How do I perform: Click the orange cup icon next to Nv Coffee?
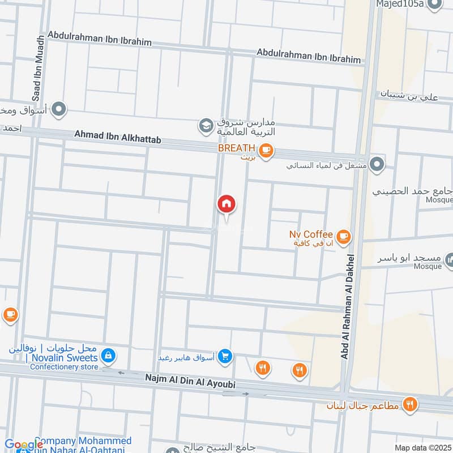(x=343, y=236)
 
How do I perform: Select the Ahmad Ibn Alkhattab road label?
(x=114, y=136)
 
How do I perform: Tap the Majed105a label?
(x=400, y=5)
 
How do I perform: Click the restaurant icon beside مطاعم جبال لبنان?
(x=411, y=404)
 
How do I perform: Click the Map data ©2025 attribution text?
(x=422, y=447)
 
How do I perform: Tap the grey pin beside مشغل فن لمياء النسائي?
(x=378, y=165)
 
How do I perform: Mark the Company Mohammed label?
(x=83, y=441)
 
